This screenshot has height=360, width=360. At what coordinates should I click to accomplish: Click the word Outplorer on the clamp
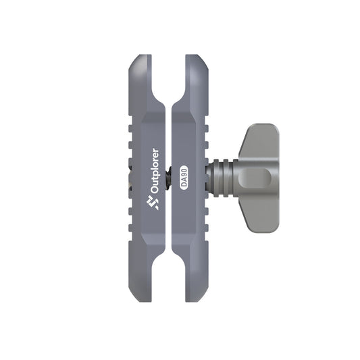(x=155, y=172)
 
